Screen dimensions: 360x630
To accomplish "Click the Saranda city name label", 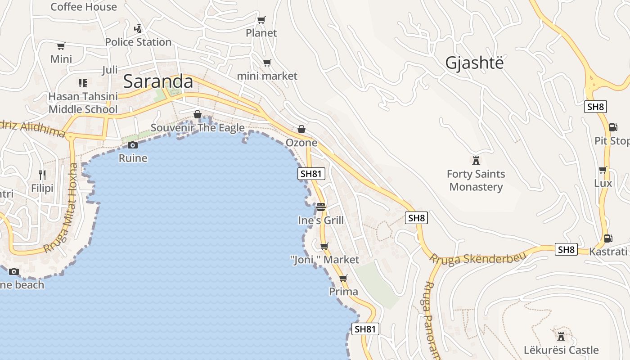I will [158, 81].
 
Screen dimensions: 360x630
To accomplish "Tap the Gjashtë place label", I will [474, 63].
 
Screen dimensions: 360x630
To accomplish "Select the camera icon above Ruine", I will [132, 145].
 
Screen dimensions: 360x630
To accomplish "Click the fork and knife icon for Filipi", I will [42, 175].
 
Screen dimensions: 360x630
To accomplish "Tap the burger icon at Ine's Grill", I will [320, 207].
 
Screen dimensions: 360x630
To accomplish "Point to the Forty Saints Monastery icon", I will [476, 160].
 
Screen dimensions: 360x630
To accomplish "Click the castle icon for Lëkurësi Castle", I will [561, 336].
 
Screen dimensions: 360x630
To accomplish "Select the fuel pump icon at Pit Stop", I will [613, 127].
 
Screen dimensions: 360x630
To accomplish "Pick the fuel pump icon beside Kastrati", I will [608, 238].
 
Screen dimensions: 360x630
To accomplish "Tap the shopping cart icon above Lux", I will [603, 170].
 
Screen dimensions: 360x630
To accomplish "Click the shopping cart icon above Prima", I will [343, 278].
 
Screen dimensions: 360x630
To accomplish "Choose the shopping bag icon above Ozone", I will [301, 130].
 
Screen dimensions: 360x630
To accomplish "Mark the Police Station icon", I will [138, 29].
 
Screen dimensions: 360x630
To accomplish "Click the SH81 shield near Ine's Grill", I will [311, 174].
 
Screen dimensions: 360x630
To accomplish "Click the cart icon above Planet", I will [261, 20].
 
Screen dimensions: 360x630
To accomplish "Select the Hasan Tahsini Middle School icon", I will [82, 83].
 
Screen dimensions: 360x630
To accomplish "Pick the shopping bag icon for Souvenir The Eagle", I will [197, 114].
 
